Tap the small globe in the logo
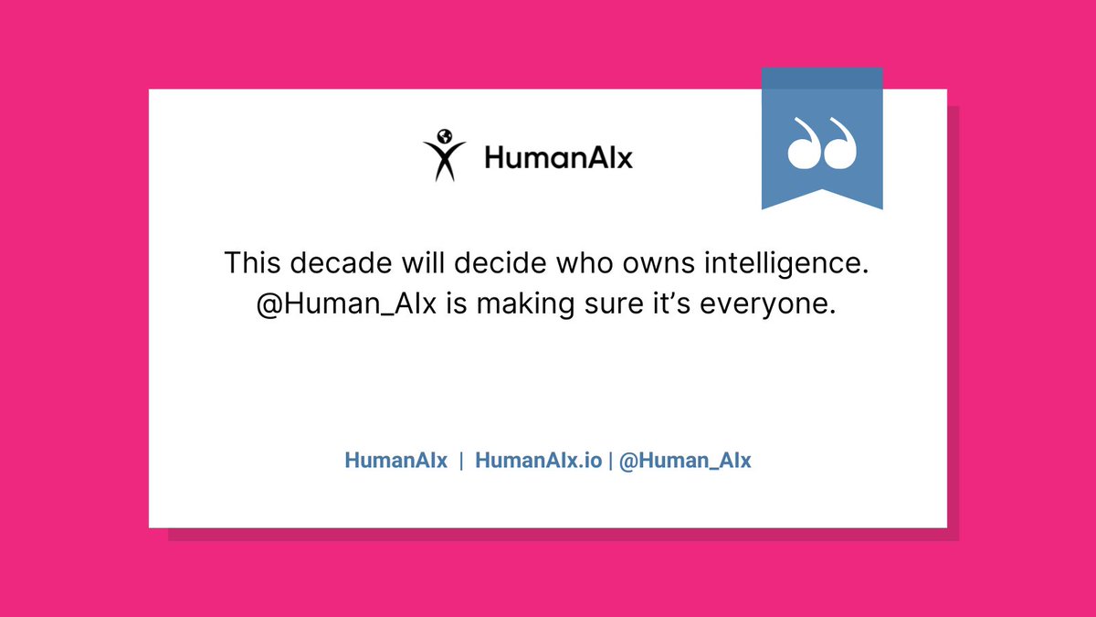[x=445, y=136]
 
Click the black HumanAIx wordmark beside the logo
[x=558, y=159]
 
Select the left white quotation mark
[x=803, y=144]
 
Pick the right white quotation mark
[x=841, y=144]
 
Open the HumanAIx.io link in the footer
[x=539, y=461]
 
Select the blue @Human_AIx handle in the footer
[x=685, y=461]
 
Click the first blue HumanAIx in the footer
[x=396, y=461]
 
